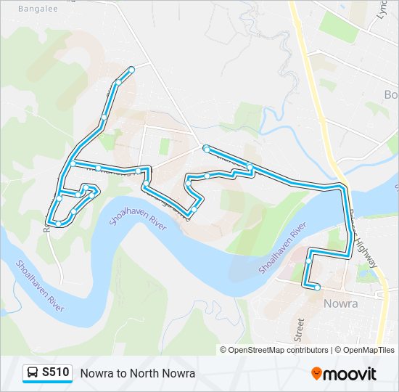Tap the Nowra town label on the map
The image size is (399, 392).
tap(340, 303)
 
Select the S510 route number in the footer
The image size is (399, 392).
tap(56, 372)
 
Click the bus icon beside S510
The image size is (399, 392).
tap(33, 373)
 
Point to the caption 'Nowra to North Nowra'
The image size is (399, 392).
tap(138, 373)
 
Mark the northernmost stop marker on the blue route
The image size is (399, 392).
tap(132, 70)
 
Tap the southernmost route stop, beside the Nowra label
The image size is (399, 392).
tap(317, 287)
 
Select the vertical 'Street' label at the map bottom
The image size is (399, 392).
tap(298, 329)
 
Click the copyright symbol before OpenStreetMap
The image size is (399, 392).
tap(223, 350)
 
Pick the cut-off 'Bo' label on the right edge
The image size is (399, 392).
tap(391, 95)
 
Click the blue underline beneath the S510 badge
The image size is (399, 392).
tap(47, 383)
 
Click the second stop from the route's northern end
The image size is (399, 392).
tap(117, 83)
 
